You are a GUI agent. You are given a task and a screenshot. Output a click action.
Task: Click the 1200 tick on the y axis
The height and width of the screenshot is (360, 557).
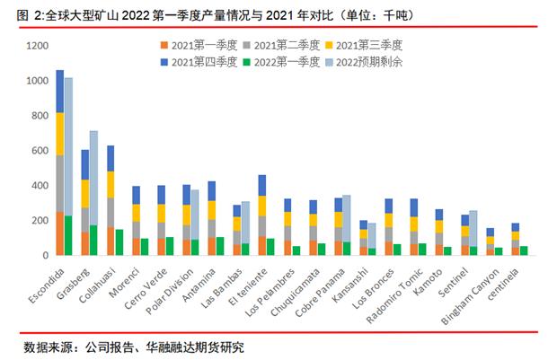[34, 46]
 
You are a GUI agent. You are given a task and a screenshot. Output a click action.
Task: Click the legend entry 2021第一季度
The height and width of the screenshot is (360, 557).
[201, 43]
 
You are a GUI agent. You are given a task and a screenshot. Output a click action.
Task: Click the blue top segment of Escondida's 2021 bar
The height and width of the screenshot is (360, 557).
[59, 91]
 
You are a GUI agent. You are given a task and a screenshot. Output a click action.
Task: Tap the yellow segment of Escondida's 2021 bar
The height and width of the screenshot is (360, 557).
[59, 134]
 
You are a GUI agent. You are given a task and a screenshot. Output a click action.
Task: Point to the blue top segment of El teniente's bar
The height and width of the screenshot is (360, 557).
[262, 185]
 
